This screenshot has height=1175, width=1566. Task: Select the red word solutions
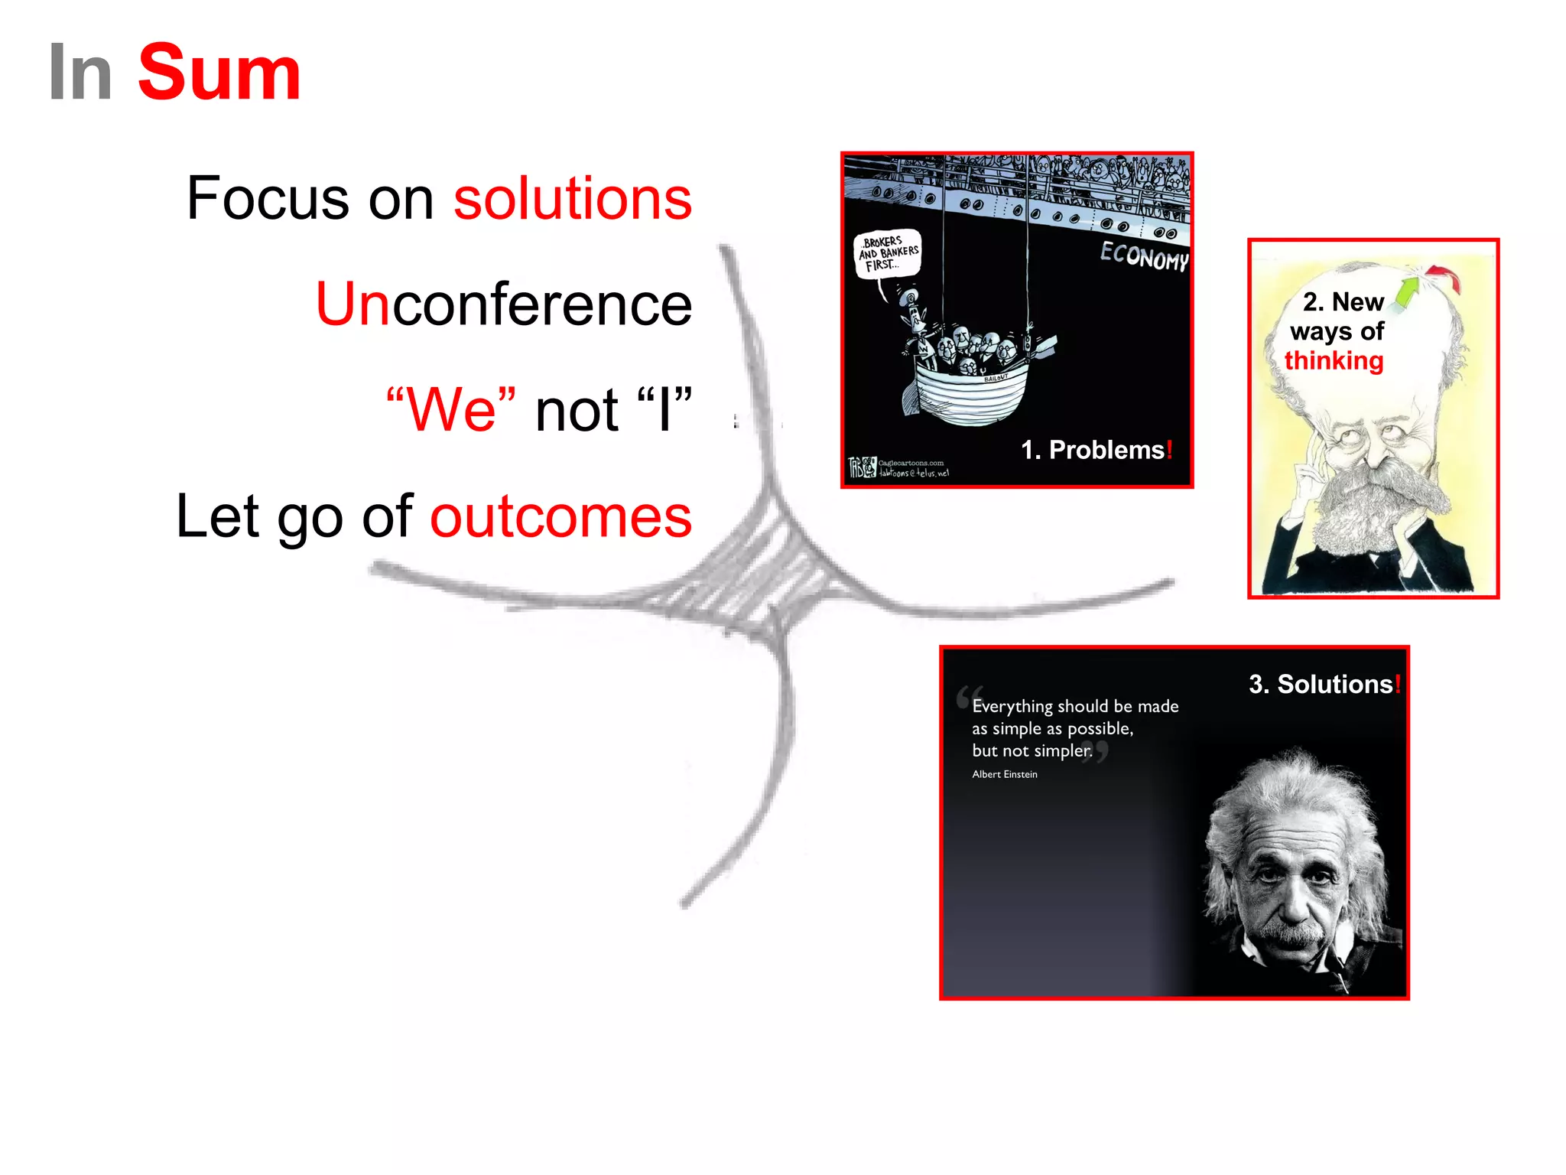pos(572,199)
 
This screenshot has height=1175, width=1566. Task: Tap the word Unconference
pos(503,304)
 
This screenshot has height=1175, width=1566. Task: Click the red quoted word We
pos(450,410)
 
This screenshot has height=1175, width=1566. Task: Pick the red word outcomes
pos(560,517)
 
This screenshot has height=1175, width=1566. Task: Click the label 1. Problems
pos(1095,450)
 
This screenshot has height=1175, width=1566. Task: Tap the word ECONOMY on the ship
pos(1143,256)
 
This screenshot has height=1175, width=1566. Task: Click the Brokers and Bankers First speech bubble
pos(887,253)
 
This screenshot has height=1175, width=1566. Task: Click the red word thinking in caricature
pos(1334,360)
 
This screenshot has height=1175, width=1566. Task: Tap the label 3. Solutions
pos(1324,684)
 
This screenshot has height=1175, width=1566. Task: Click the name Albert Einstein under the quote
pos(1004,774)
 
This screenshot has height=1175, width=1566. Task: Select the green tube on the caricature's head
pos(1405,295)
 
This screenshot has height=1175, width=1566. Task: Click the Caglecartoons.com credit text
pos(910,463)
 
